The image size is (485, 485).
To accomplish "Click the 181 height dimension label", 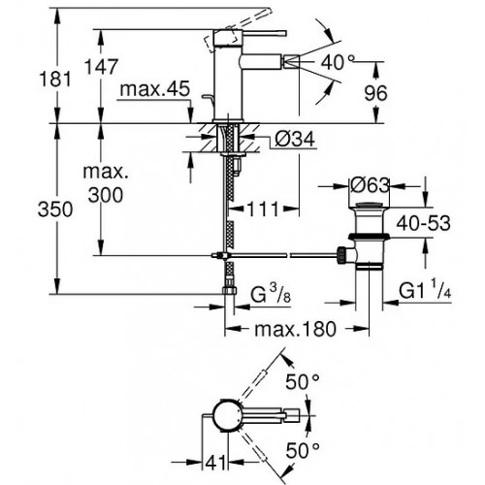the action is tap(55, 79).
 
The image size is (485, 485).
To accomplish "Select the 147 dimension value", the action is tap(101, 67).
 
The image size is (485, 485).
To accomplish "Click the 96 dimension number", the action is tap(375, 93).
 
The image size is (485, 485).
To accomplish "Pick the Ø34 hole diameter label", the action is tap(295, 140).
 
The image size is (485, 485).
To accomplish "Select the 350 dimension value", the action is tap(55, 210).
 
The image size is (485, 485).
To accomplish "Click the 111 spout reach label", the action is tap(263, 210).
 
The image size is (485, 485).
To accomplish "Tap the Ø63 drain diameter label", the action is tap(370, 185).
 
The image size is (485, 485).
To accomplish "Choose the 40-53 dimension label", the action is tap(423, 223).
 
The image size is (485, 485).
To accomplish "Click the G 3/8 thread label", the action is tap(271, 295).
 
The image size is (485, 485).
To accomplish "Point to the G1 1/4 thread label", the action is tap(425, 290).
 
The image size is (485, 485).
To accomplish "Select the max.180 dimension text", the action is tap(295, 330).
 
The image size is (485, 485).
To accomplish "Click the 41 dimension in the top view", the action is tap(215, 464).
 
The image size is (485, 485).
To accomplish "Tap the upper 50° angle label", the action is tap(303, 382).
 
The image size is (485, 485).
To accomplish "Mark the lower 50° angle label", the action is tap(303, 450).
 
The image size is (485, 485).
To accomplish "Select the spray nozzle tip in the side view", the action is tap(292, 61).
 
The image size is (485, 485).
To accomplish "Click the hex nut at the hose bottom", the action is tap(230, 289).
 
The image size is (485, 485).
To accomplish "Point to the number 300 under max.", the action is tap(106, 195).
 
